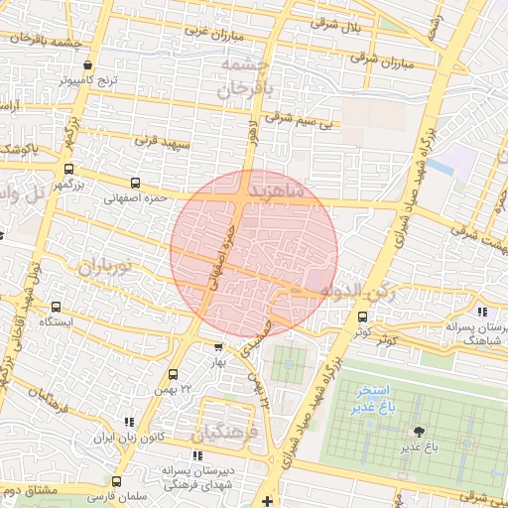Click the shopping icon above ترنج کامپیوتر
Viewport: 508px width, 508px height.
[x=88, y=63]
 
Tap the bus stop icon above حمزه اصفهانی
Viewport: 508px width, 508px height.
[x=135, y=184]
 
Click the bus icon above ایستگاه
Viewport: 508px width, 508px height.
[x=56, y=308]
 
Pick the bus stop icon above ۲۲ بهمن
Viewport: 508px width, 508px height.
[x=174, y=375]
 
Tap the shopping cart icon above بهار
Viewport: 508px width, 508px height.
[x=218, y=347]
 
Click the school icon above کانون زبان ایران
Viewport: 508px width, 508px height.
[x=128, y=423]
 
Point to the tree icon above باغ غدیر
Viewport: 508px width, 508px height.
[x=419, y=432]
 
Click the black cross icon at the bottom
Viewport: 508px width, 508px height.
[x=267, y=502]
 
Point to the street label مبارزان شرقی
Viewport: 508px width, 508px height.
[x=380, y=62]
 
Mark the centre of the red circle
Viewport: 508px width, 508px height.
[x=254, y=254]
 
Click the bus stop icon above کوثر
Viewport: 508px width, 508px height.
[x=361, y=317]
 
